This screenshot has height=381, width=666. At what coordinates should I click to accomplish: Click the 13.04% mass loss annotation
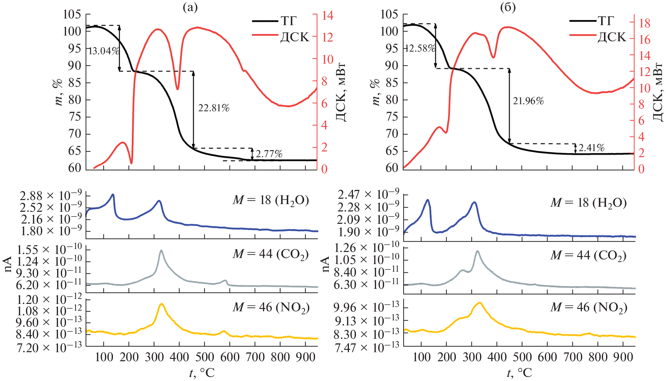[103, 51]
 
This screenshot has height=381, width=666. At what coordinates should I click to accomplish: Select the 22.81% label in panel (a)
[214, 108]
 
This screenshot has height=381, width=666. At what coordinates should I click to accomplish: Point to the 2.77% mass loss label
[269, 154]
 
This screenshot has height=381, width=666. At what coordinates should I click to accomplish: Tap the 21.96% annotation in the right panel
[528, 101]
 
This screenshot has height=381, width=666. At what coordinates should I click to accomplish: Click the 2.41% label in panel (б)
[591, 148]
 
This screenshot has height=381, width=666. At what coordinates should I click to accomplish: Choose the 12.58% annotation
[420, 48]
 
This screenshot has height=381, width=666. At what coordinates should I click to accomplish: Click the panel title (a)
[190, 7]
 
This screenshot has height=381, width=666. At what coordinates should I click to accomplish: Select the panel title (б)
[507, 7]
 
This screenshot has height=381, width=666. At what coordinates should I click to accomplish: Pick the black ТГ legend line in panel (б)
[583, 21]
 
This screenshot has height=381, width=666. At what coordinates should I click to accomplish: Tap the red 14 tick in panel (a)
[327, 15]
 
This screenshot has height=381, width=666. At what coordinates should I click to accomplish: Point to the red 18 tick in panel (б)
[644, 23]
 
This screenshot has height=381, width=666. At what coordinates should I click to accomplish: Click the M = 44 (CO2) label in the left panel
[270, 254]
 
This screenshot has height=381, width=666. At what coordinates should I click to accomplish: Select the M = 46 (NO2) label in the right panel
[588, 308]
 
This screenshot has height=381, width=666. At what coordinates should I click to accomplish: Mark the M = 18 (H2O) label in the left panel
[270, 200]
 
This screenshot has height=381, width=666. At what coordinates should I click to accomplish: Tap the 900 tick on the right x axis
[623, 357]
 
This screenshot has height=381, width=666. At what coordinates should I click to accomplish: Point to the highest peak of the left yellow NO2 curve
[162, 304]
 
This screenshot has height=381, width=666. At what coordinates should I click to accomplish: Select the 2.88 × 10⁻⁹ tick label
[51, 196]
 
